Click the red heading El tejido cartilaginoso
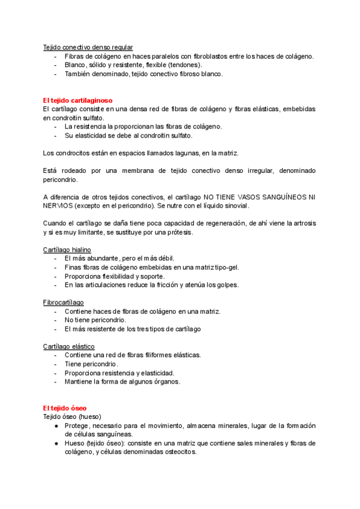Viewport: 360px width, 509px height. (x=78, y=100)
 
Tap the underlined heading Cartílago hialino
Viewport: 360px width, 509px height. (x=67, y=249)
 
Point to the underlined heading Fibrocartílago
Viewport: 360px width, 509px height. (x=64, y=303)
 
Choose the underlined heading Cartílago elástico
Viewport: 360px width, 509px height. (x=68, y=346)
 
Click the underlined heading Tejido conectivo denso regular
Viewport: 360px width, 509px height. (x=88, y=47)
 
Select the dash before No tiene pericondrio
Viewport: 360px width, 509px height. (x=56, y=321)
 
